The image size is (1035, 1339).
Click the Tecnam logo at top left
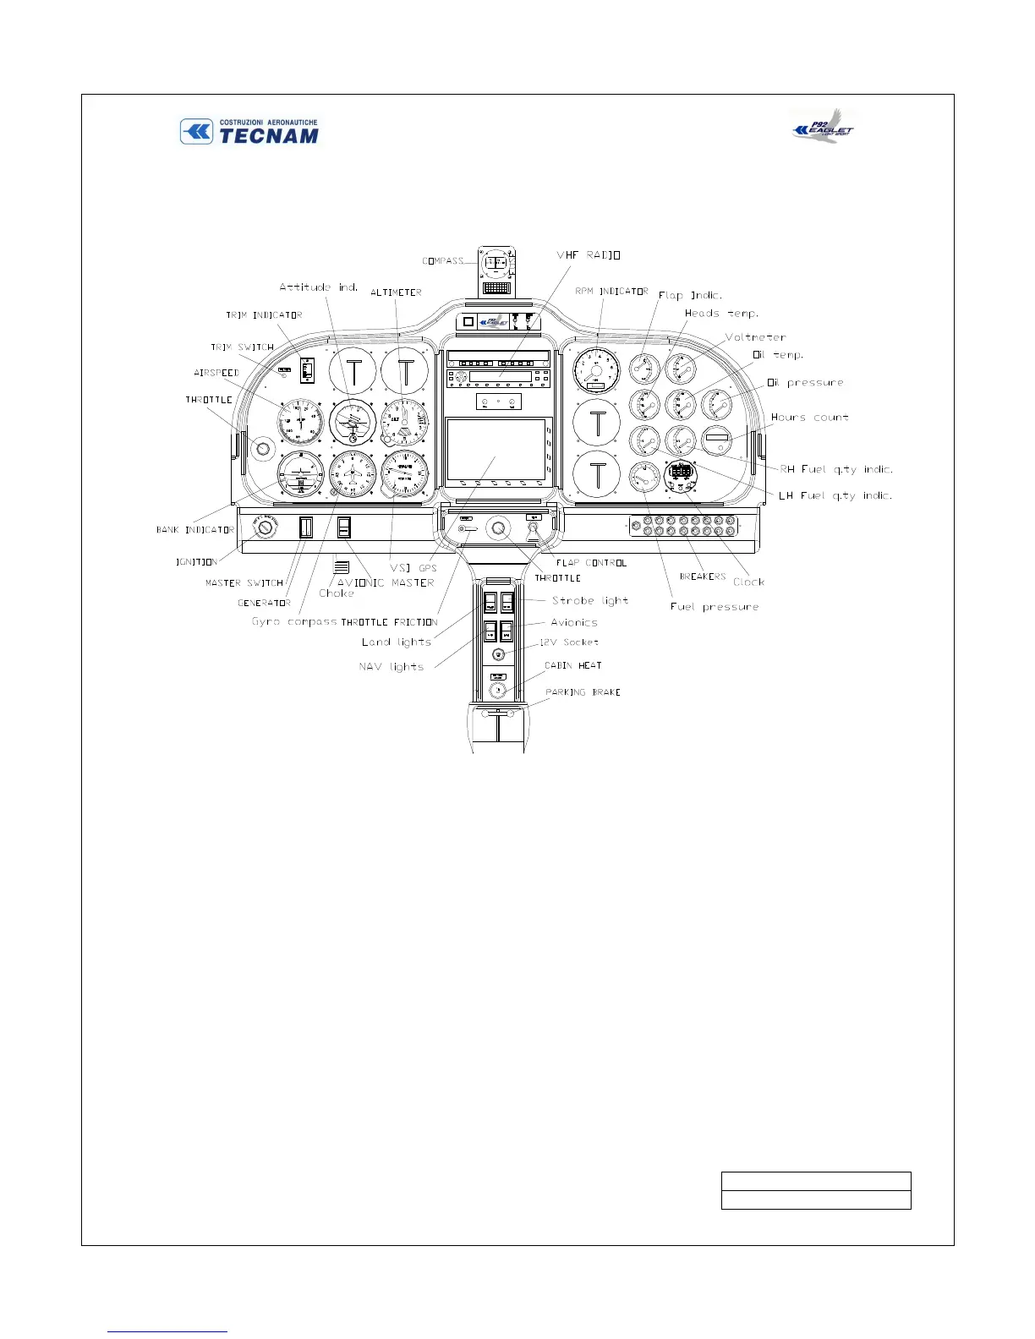click(x=249, y=132)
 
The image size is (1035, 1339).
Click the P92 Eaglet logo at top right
click(x=823, y=126)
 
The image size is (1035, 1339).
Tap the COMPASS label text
click(x=443, y=261)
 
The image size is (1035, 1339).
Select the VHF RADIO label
click(x=589, y=254)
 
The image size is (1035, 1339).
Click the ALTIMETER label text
click(x=396, y=292)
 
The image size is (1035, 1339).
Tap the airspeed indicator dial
click(x=301, y=422)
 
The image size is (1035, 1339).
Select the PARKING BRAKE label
click(x=583, y=692)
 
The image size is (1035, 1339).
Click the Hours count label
click(x=809, y=418)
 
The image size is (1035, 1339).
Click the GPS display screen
click(x=496, y=451)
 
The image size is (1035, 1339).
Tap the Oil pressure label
click(x=805, y=383)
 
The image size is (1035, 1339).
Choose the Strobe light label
click(x=590, y=600)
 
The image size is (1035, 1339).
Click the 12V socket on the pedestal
click(x=499, y=654)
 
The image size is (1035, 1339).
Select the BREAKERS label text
click(x=703, y=577)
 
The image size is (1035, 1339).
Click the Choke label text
click(x=337, y=593)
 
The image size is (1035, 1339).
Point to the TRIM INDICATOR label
click(x=264, y=315)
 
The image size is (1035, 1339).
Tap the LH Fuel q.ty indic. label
click(x=835, y=495)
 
